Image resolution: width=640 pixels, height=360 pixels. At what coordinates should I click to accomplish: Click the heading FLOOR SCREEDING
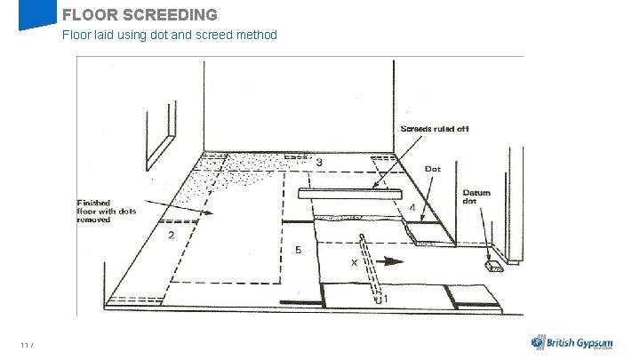[140, 15]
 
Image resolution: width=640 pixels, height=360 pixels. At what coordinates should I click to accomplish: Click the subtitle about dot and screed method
[169, 36]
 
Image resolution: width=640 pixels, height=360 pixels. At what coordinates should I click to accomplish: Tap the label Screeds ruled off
[434, 130]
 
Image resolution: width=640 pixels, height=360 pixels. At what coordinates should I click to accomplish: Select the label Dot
[433, 169]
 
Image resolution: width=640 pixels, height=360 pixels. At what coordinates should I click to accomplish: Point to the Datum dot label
[476, 196]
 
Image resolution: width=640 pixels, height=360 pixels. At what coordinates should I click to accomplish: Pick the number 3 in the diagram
[318, 163]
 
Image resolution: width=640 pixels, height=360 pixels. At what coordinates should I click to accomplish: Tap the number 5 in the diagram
[299, 251]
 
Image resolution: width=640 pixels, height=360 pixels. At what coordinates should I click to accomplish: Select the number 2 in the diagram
[170, 236]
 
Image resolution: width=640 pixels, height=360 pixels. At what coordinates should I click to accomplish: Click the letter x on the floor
[354, 262]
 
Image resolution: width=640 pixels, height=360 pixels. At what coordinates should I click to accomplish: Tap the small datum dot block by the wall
[494, 265]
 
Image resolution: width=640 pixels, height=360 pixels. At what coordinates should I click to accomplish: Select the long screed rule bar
[351, 193]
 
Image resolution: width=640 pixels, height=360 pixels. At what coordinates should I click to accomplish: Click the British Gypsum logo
[574, 342]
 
